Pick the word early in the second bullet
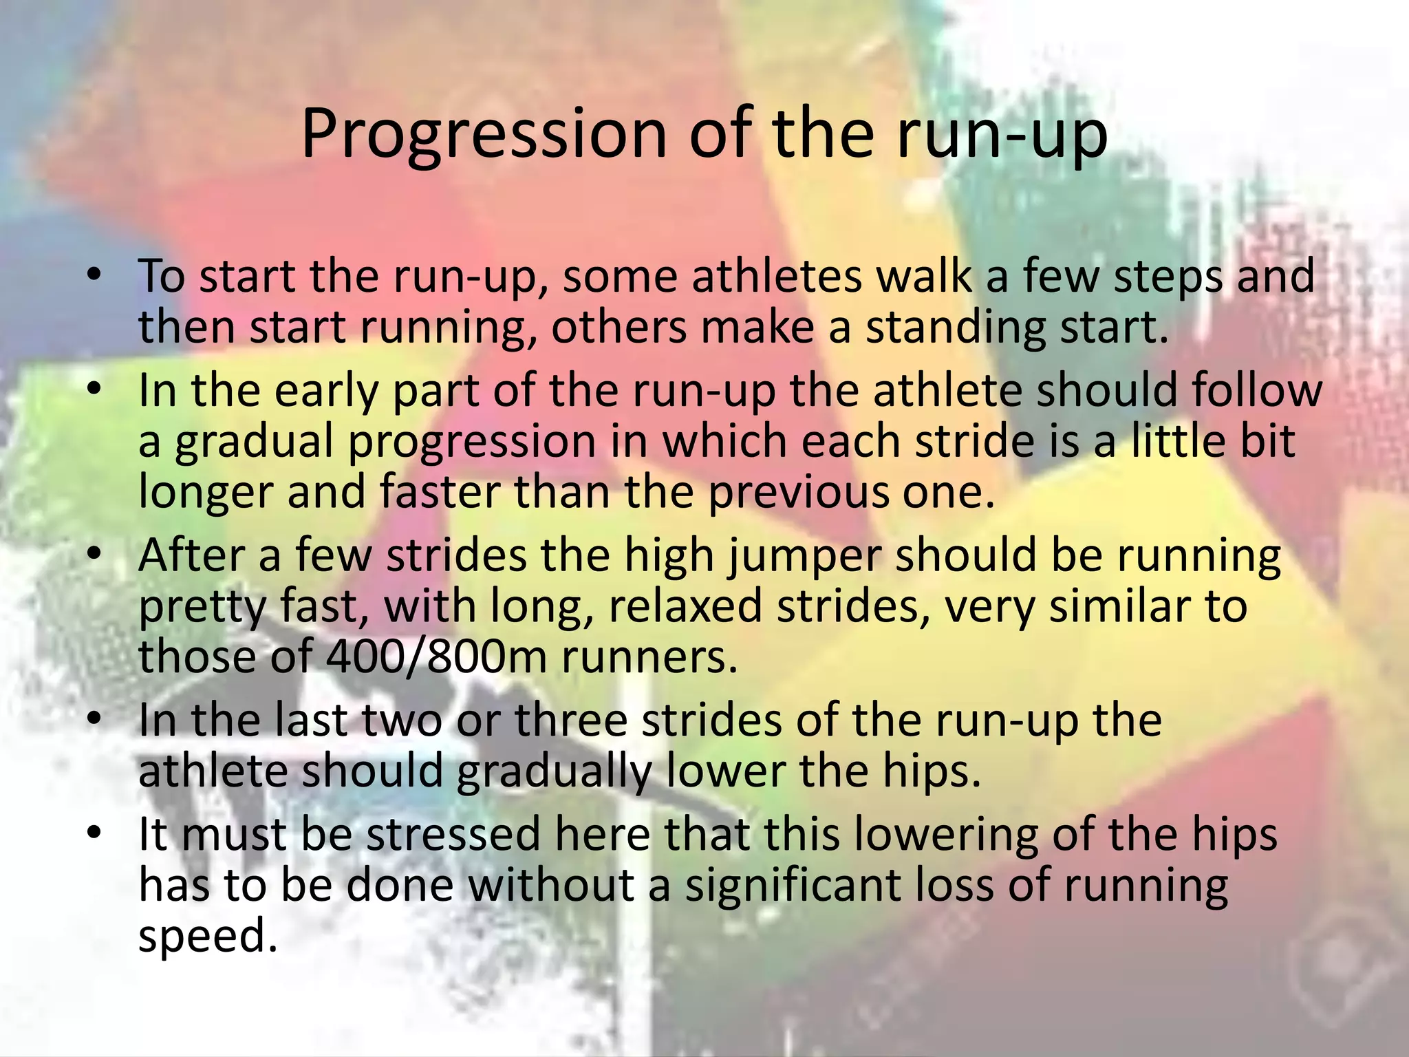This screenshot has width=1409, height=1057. [327, 391]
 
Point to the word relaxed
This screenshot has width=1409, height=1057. [685, 607]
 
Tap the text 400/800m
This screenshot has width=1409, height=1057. [436, 658]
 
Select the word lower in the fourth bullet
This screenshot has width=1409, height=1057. [727, 771]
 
